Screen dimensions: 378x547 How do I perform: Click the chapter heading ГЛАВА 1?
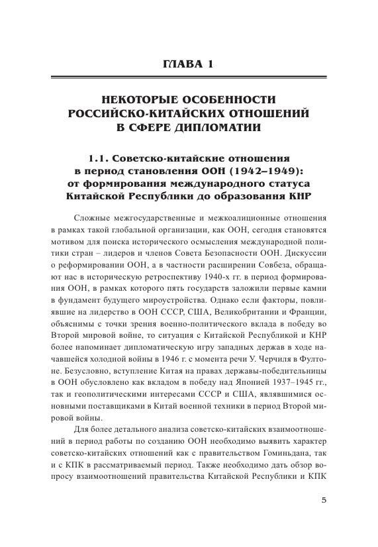click(189, 64)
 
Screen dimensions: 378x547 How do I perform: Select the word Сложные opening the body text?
click(92, 219)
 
